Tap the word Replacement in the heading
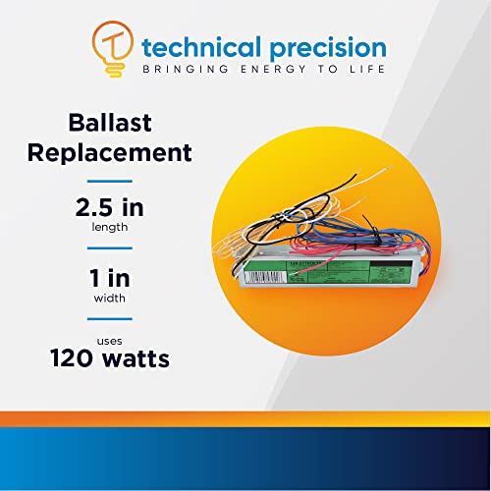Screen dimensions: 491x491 110,153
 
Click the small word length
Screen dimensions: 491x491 110,228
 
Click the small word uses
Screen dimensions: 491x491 110,340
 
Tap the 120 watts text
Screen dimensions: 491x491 110,359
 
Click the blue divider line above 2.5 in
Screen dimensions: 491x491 110,181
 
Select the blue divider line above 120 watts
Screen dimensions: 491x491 110,319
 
